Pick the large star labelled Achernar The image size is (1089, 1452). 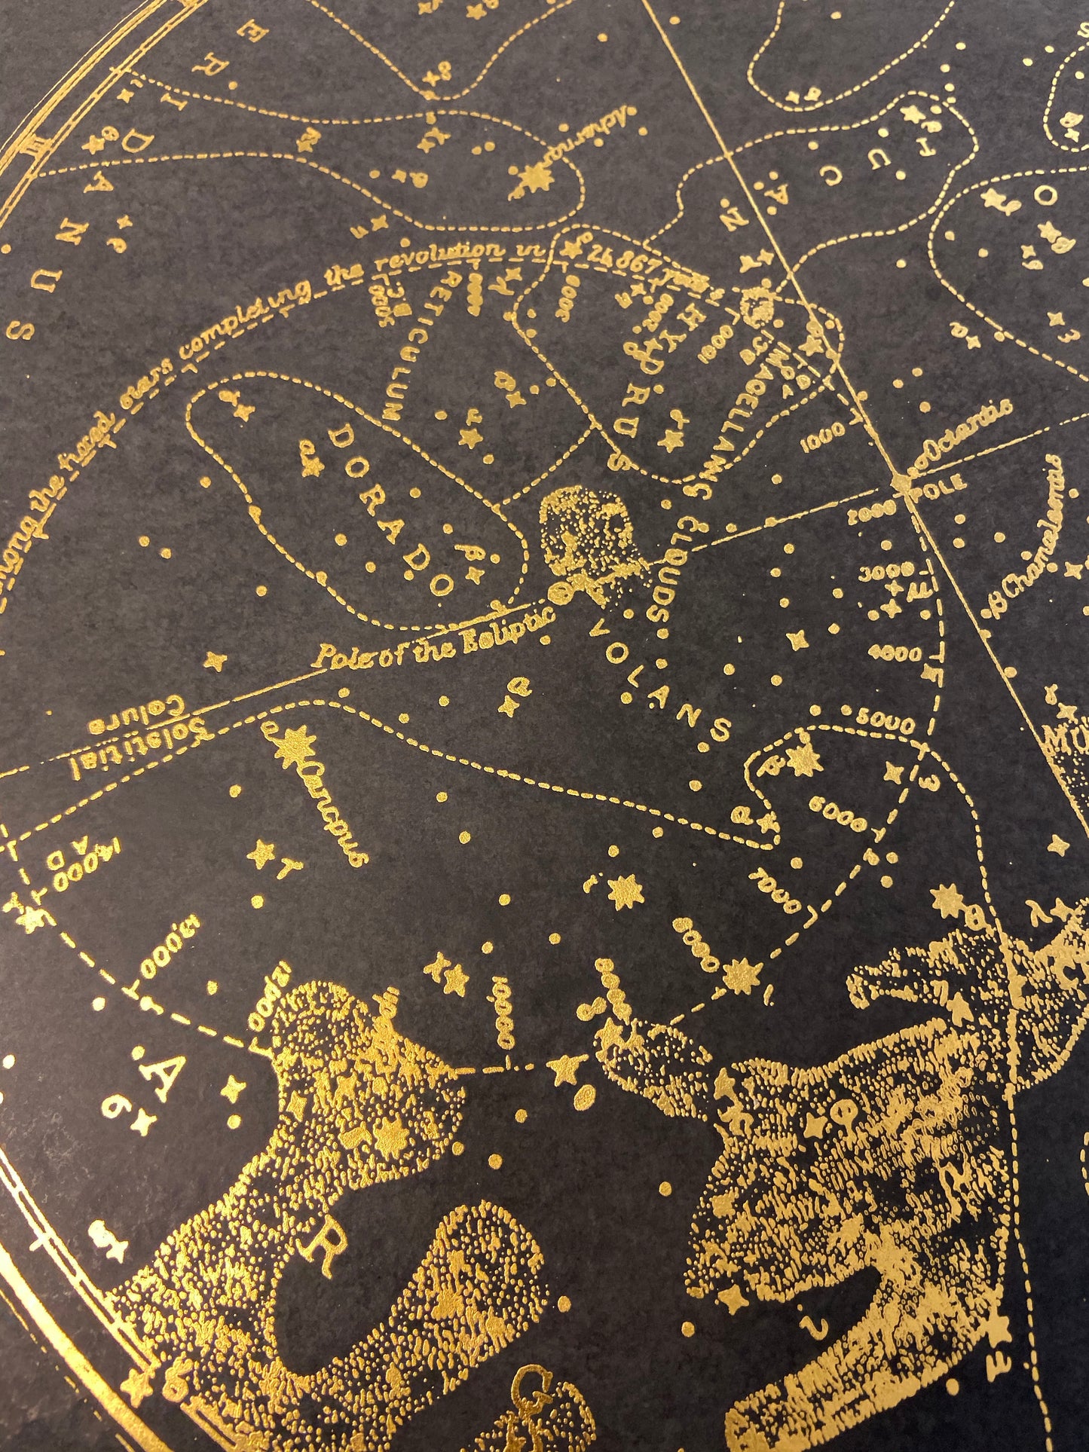(x=540, y=179)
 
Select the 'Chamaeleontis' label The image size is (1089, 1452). (x=1032, y=527)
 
